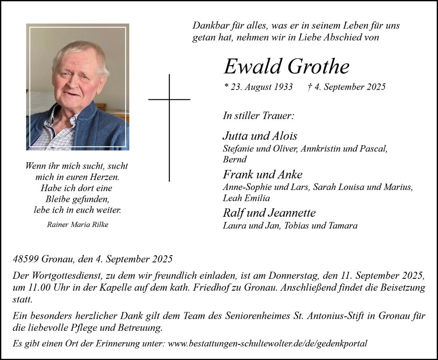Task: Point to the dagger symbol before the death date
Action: point(310,87)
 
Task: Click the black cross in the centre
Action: point(169,120)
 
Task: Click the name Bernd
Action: point(235,159)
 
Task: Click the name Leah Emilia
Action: point(246,198)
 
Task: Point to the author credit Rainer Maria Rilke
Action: point(78,224)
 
